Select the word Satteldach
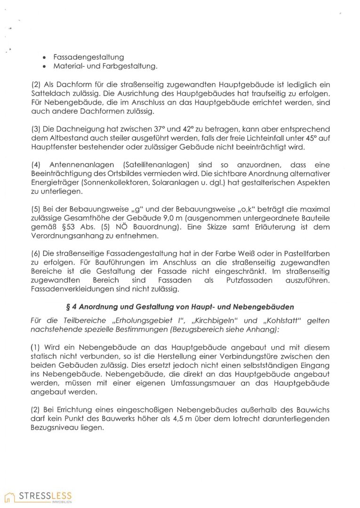point(51,95)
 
